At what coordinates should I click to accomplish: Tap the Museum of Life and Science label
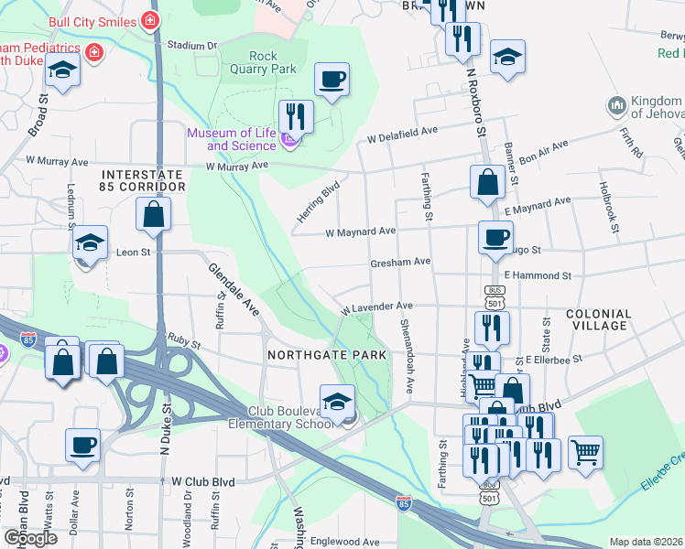pyautogui.click(x=231, y=139)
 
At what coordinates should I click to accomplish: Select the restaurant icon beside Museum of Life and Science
pyautogui.click(x=295, y=116)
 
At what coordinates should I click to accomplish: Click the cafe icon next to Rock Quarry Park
pyautogui.click(x=332, y=79)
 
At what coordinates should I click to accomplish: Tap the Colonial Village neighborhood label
pyautogui.click(x=599, y=319)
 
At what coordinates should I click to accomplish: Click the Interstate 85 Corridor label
pyautogui.click(x=144, y=179)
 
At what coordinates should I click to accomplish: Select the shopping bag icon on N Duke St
pyautogui.click(x=154, y=216)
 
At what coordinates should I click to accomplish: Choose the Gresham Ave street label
pyautogui.click(x=400, y=262)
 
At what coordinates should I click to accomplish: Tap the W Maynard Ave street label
pyautogui.click(x=361, y=231)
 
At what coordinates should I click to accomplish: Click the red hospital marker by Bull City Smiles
pyautogui.click(x=150, y=20)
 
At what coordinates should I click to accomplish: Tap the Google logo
pyautogui.click(x=30, y=538)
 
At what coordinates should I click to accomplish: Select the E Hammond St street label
pyautogui.click(x=538, y=274)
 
